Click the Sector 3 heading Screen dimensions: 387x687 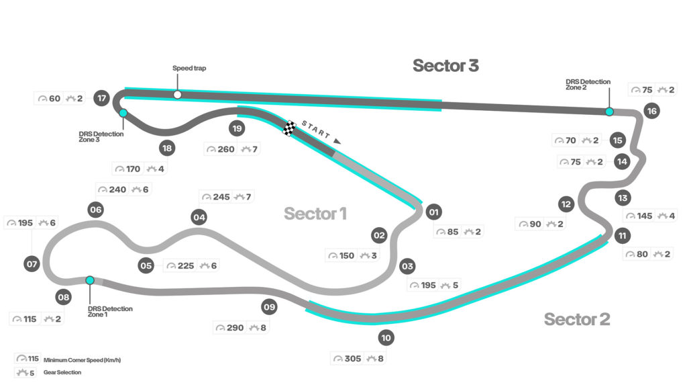point(445,65)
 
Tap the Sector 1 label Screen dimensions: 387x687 point(315,214)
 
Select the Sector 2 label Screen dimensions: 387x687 point(576,319)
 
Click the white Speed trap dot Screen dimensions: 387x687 point(177,95)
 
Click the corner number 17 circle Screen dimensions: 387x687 point(102,98)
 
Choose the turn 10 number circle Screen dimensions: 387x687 point(386,338)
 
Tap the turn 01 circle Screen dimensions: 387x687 point(433,212)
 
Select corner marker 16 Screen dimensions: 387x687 point(651,112)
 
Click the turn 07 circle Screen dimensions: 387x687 point(32,264)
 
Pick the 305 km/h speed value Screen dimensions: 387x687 point(352,359)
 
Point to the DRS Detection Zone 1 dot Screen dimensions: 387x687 point(90,280)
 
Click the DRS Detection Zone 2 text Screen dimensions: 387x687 point(588,85)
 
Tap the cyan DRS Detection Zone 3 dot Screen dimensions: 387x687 point(123,114)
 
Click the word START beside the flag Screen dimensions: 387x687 point(315,130)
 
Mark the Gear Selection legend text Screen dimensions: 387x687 point(63,372)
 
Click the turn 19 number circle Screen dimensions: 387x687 point(236,128)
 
